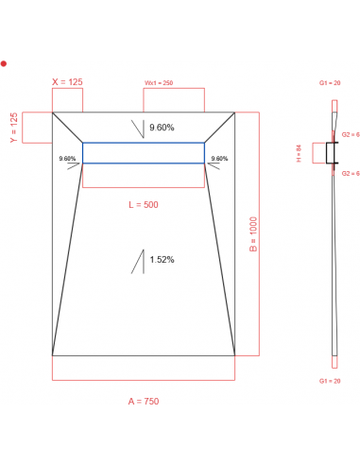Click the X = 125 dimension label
click(x=67, y=82)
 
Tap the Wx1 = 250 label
click(x=158, y=83)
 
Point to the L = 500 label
click(x=144, y=205)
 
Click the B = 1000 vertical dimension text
click(x=253, y=233)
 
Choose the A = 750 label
click(x=144, y=402)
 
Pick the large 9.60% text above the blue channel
click(x=162, y=128)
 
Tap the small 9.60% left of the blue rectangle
click(x=67, y=159)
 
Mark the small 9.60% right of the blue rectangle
click(x=219, y=159)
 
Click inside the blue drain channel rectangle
click(x=143, y=153)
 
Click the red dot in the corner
click(x=4, y=63)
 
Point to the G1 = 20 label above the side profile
click(x=330, y=84)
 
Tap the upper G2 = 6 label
click(x=350, y=134)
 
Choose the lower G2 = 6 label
click(x=350, y=174)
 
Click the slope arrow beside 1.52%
click(x=140, y=261)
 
